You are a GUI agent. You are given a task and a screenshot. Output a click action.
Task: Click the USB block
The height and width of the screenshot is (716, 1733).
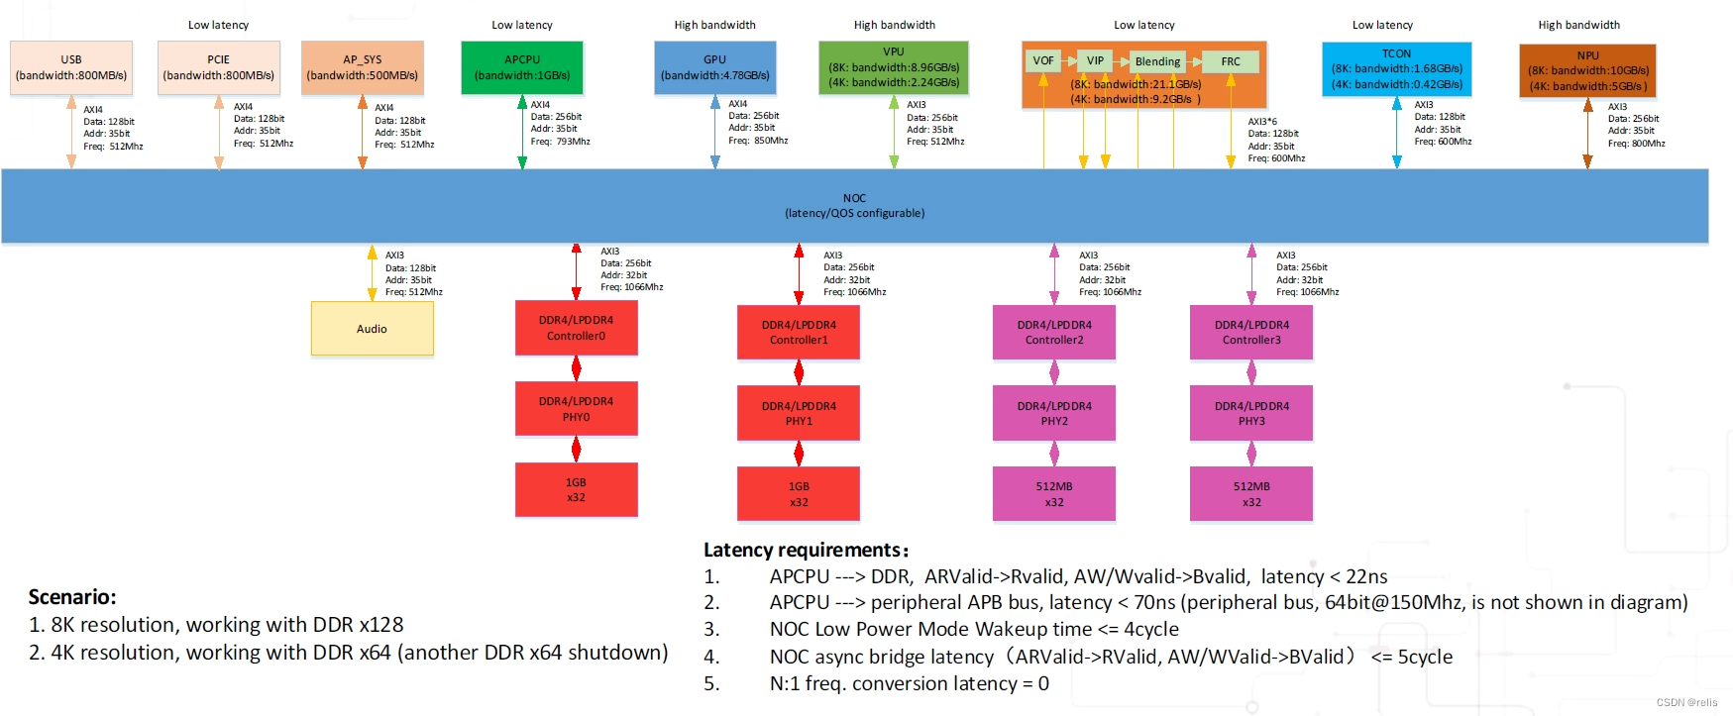tap(71, 67)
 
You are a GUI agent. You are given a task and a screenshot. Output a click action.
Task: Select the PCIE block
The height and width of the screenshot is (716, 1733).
tap(219, 67)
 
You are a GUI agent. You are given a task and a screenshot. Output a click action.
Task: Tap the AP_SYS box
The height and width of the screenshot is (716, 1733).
tap(363, 67)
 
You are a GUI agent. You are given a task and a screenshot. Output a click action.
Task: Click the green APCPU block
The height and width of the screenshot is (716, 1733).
tap(522, 67)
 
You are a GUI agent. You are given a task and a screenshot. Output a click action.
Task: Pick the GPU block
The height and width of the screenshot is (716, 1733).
tap(715, 67)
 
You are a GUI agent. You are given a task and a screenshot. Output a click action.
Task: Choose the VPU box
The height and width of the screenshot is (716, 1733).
tap(894, 67)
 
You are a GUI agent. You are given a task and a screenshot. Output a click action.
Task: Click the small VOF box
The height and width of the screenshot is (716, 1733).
tap(1043, 61)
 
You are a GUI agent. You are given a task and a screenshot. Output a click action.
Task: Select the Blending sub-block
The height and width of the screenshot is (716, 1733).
tap(1157, 61)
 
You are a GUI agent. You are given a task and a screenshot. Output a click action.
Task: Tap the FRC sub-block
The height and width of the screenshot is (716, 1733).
tap(1231, 61)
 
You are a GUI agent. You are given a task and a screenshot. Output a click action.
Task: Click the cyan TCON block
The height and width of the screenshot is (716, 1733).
tap(1397, 68)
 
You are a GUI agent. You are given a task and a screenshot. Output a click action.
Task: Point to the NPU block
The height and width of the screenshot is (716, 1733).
tap(1588, 70)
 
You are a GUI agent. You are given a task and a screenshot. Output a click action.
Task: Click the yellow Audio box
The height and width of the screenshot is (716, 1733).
tap(373, 329)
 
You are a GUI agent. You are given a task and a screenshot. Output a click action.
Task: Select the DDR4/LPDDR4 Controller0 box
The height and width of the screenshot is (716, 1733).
tap(577, 328)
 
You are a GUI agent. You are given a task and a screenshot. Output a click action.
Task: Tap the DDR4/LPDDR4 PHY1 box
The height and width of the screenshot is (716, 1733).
tap(799, 413)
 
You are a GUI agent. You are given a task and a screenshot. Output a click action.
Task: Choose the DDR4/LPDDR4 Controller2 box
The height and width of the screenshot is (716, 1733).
tap(1054, 332)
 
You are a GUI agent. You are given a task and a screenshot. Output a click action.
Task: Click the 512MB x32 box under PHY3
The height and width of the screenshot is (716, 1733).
tap(1251, 494)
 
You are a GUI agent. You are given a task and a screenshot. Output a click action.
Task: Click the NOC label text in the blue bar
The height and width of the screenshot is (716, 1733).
tap(854, 198)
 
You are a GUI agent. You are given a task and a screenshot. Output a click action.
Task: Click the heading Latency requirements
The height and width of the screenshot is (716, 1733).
tap(805, 550)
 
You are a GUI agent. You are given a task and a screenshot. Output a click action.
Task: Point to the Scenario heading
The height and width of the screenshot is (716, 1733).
tap(72, 597)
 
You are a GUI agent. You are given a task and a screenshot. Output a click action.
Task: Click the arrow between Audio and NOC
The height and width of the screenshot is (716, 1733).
tap(373, 273)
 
